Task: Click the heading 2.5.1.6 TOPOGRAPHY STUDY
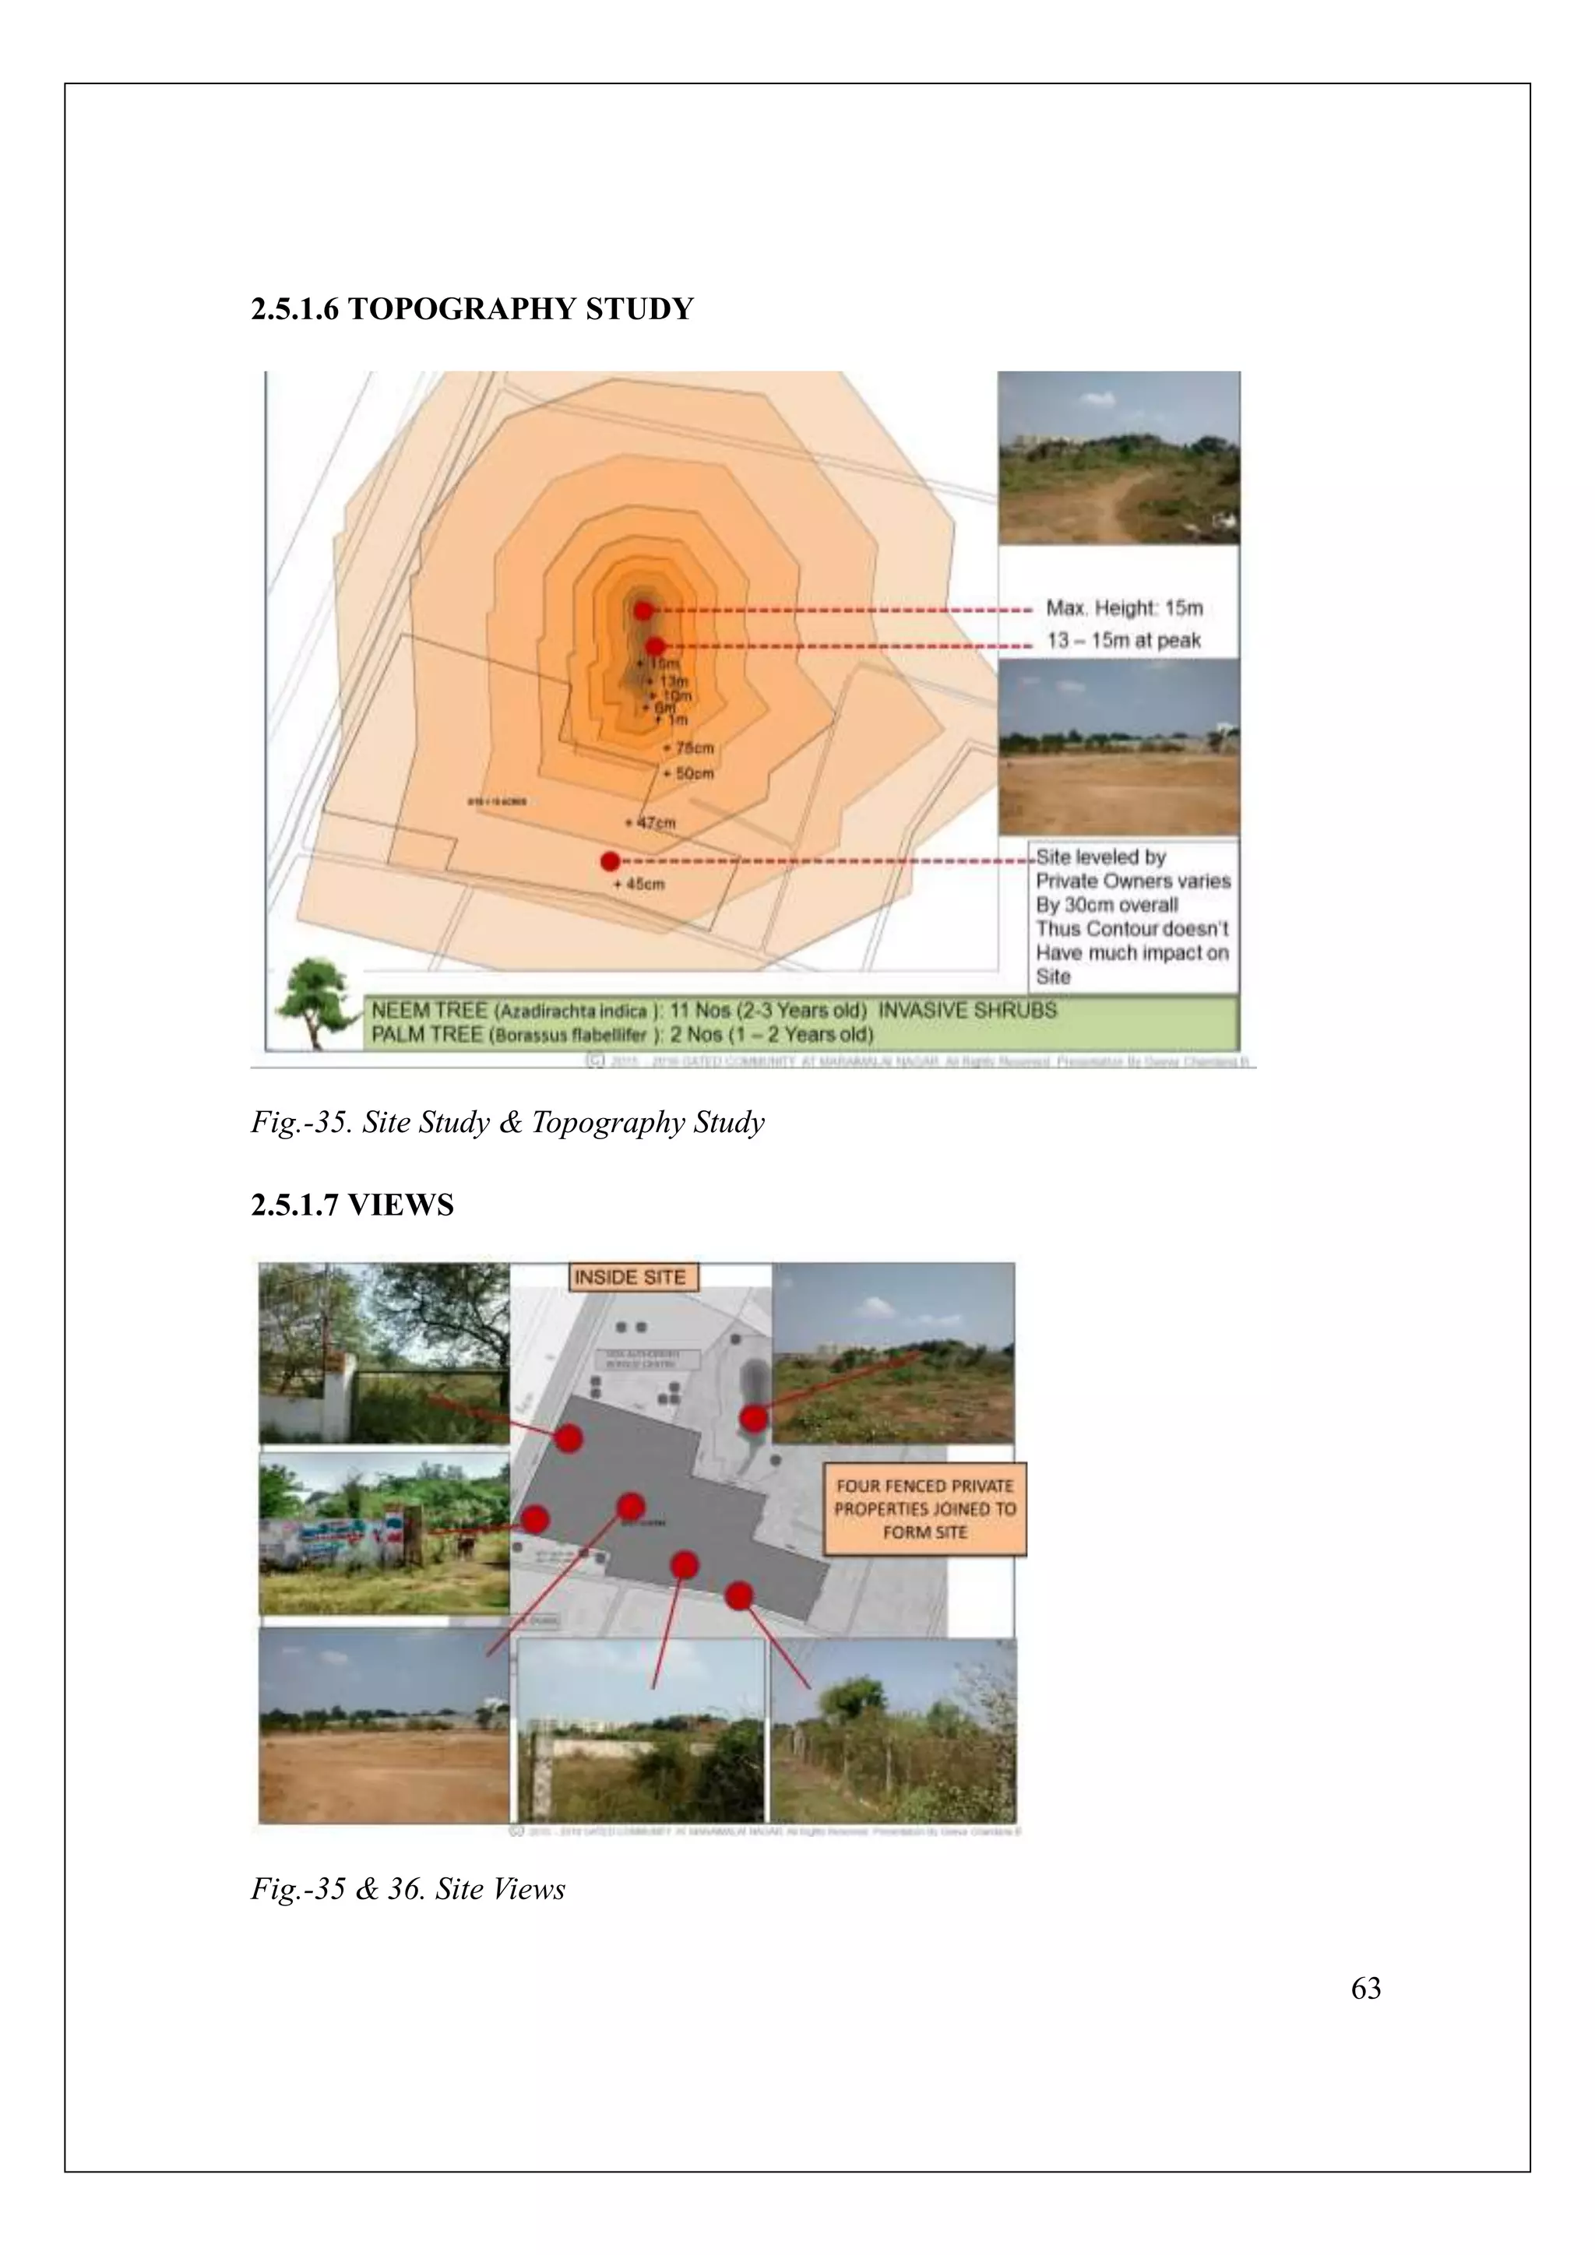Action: tap(471, 309)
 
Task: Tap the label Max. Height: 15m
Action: tap(1124, 608)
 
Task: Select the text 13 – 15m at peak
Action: tap(1124, 640)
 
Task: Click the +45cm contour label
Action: tap(639, 884)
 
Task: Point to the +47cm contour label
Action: tap(650, 822)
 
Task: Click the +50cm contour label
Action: tap(688, 773)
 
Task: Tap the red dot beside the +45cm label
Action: tap(610, 861)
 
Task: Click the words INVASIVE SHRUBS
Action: tap(967, 1010)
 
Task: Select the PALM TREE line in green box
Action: tap(621, 1034)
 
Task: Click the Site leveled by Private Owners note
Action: tap(1132, 916)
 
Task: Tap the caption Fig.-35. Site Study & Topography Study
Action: tap(507, 1123)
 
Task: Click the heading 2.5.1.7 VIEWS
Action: tap(351, 1205)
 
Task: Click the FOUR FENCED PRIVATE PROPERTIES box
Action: tap(924, 1510)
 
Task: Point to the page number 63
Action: tap(1365, 1989)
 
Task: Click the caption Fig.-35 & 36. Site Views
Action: tap(407, 1890)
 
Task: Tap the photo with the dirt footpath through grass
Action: tap(1118, 459)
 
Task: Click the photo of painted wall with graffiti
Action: tap(383, 1533)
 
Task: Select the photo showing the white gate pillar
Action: tap(383, 1353)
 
